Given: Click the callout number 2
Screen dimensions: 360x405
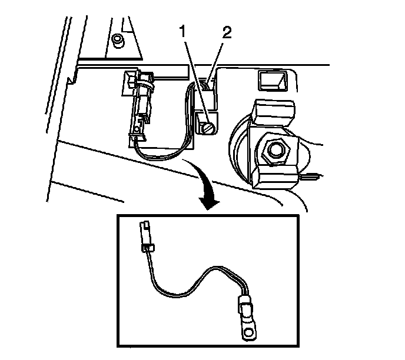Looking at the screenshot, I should click(226, 33).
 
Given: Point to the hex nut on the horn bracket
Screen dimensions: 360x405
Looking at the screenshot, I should click(274, 151).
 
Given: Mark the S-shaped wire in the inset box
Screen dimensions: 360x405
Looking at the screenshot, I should click(194, 282).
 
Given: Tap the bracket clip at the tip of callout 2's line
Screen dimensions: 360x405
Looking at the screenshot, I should click(208, 88).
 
